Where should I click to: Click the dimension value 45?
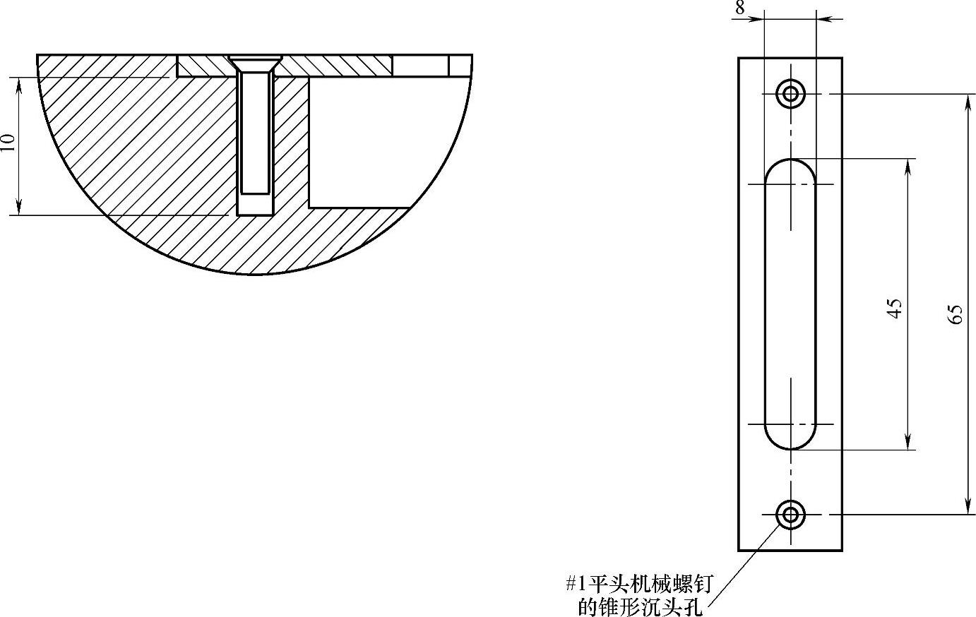coord(895,308)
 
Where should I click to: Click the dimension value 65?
coord(956,313)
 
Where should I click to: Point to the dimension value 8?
coord(739,8)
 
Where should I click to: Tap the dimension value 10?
coord(8,143)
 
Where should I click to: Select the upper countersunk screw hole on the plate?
coord(790,92)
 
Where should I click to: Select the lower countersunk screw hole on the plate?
coord(790,515)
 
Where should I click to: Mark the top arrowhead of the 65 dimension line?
coord(965,99)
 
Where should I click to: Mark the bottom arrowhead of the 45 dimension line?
coord(908,443)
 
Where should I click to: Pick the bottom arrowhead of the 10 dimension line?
coord(19,209)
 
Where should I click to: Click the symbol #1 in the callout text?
coord(576,585)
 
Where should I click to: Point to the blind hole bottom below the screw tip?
coord(255,205)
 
